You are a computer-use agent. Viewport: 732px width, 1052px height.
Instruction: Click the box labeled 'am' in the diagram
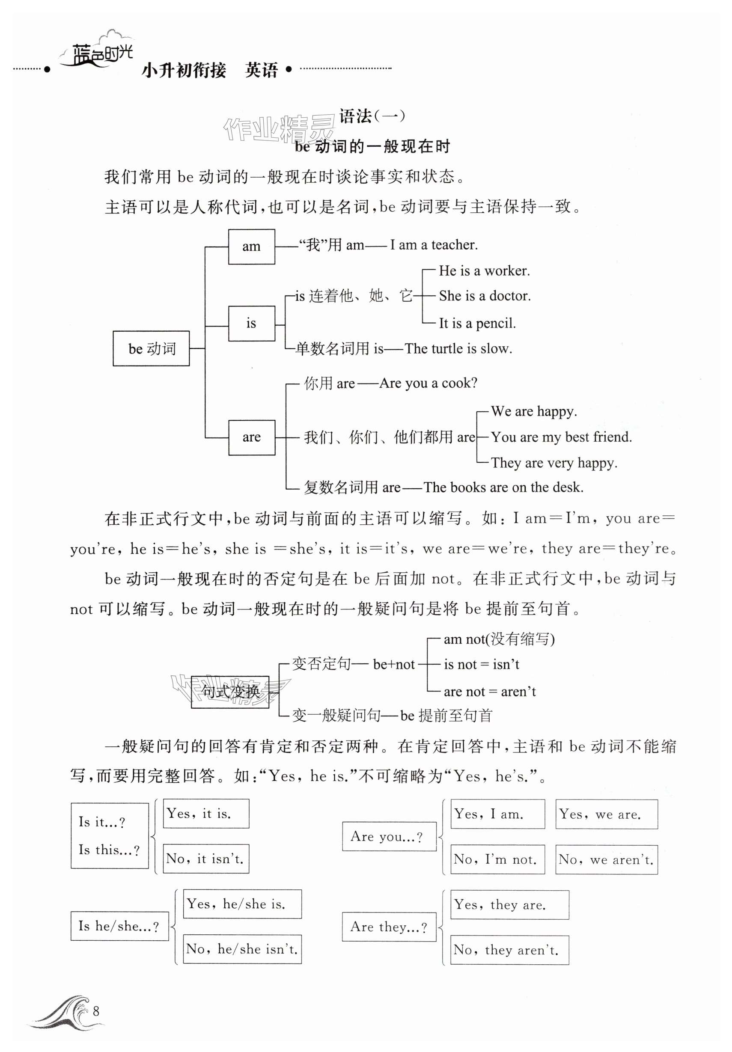pos(251,247)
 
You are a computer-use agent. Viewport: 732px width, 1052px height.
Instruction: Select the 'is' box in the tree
pos(251,324)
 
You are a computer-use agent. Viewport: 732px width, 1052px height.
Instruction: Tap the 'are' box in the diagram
pos(251,437)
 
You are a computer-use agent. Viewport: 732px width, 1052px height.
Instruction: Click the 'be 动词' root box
pos(151,348)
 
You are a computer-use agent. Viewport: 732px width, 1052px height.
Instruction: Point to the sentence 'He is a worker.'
pos(484,271)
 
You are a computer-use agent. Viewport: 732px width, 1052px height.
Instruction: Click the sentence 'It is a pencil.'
pos(477,323)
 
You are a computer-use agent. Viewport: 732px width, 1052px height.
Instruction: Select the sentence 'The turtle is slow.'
pos(458,349)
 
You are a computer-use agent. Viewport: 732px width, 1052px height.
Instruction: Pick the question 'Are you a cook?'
pos(428,383)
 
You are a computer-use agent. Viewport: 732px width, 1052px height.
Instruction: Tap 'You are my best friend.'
pos(561,437)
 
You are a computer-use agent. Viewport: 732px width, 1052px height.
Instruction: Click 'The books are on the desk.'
pos(503,487)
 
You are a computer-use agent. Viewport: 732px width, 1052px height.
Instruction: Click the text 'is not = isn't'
pos(481,664)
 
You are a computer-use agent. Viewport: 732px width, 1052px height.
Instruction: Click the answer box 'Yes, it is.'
pos(206,814)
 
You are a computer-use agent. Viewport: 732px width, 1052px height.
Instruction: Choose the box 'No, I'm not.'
pos(497,859)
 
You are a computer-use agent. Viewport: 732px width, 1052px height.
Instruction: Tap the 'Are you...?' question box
pos(389,837)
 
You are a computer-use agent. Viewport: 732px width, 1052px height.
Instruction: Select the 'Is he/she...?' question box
pos(119,926)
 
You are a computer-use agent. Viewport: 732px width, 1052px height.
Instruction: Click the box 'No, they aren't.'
pos(509,950)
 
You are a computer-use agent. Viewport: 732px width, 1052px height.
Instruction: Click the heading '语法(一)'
pos(372,116)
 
